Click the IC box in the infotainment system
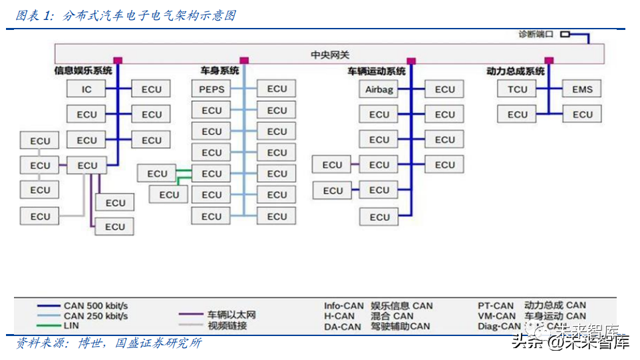[x=86, y=89]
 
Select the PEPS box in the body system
[x=212, y=89]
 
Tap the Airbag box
[x=380, y=89]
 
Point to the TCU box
[x=518, y=89]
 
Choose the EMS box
[x=582, y=89]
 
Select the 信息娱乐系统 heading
[x=83, y=70]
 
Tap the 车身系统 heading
[x=220, y=71]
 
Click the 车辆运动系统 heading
[x=377, y=71]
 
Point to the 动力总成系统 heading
[x=516, y=71]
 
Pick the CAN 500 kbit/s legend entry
[x=96, y=306]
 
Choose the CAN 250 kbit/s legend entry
[x=96, y=316]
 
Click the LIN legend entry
[x=71, y=326]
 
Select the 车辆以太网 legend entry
[x=231, y=315]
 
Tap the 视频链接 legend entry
[x=227, y=325]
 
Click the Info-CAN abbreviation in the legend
[x=344, y=306]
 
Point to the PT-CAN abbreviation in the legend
[x=496, y=306]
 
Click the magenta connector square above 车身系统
[x=244, y=61]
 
